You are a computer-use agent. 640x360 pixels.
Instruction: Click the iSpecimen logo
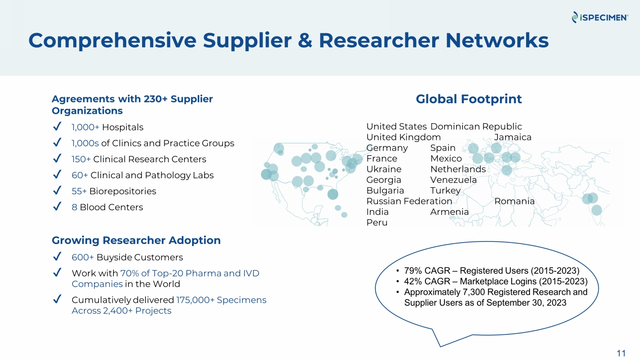click(x=600, y=17)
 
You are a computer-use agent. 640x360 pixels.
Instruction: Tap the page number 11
click(x=621, y=353)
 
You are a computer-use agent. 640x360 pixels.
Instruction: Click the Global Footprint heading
click(x=468, y=99)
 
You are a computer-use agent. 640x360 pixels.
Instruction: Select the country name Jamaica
click(x=512, y=137)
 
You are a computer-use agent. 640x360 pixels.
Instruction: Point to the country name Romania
click(x=514, y=201)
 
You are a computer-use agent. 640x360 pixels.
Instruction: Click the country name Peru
click(x=377, y=223)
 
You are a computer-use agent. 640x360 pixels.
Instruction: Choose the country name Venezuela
click(x=453, y=180)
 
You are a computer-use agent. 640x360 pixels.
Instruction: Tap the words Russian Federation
click(x=409, y=201)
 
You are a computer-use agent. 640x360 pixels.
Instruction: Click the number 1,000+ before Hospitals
click(x=85, y=128)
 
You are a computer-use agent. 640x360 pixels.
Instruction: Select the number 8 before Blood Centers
click(x=74, y=207)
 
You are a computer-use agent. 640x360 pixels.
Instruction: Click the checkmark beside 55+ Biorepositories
click(x=57, y=190)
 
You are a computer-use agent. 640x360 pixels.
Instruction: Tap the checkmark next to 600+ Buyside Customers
click(x=57, y=256)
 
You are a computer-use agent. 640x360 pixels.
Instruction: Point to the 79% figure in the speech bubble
click(x=413, y=271)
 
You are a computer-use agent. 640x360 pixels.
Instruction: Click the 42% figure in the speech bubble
click(x=413, y=282)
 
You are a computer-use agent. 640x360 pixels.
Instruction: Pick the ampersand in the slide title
click(x=305, y=41)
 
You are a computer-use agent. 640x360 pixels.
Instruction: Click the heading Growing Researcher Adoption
click(x=136, y=241)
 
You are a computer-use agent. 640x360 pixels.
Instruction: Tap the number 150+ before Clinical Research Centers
click(x=81, y=160)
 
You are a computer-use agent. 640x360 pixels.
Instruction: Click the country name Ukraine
click(x=384, y=169)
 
